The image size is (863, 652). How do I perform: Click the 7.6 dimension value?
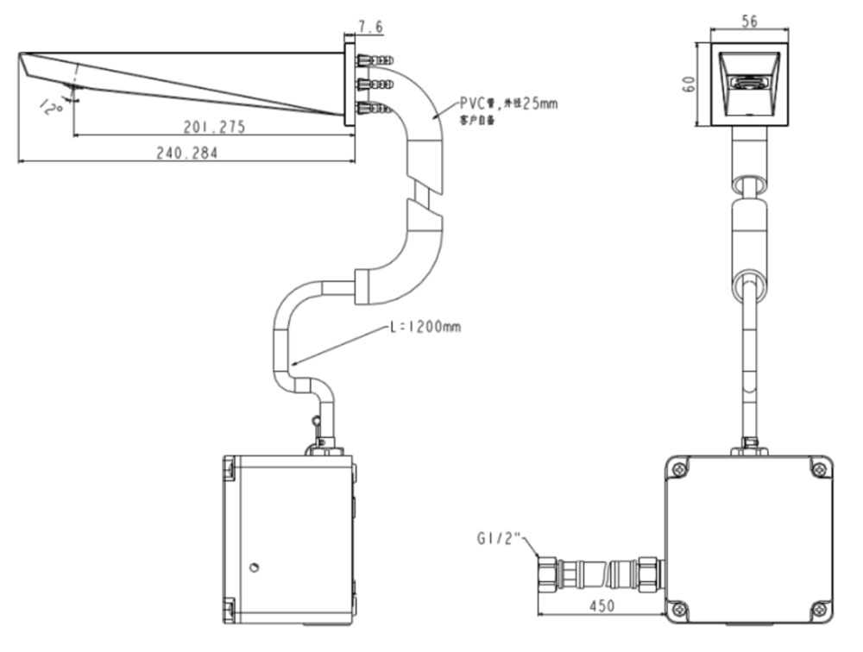371,28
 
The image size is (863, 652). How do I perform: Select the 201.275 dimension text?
214,127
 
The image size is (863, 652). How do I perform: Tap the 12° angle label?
49,105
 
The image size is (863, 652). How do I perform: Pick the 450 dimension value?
602,606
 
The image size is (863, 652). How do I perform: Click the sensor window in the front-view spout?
749,84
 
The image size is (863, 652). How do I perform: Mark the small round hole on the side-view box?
254,567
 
